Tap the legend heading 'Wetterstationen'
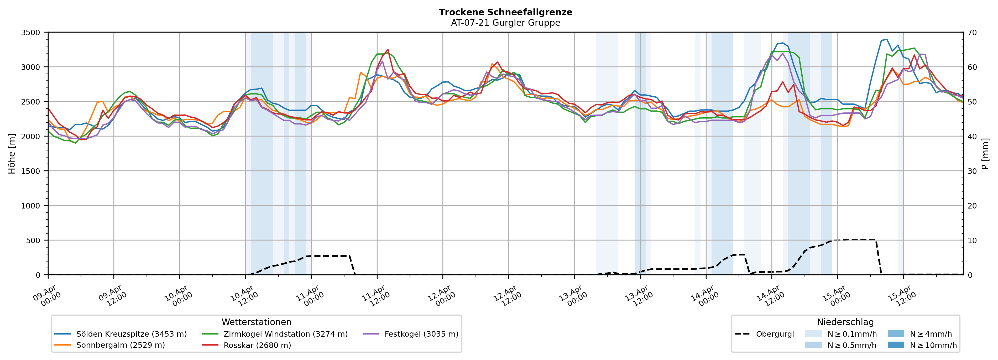point(257,322)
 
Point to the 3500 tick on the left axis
point(31,33)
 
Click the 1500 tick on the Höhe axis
point(31,171)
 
